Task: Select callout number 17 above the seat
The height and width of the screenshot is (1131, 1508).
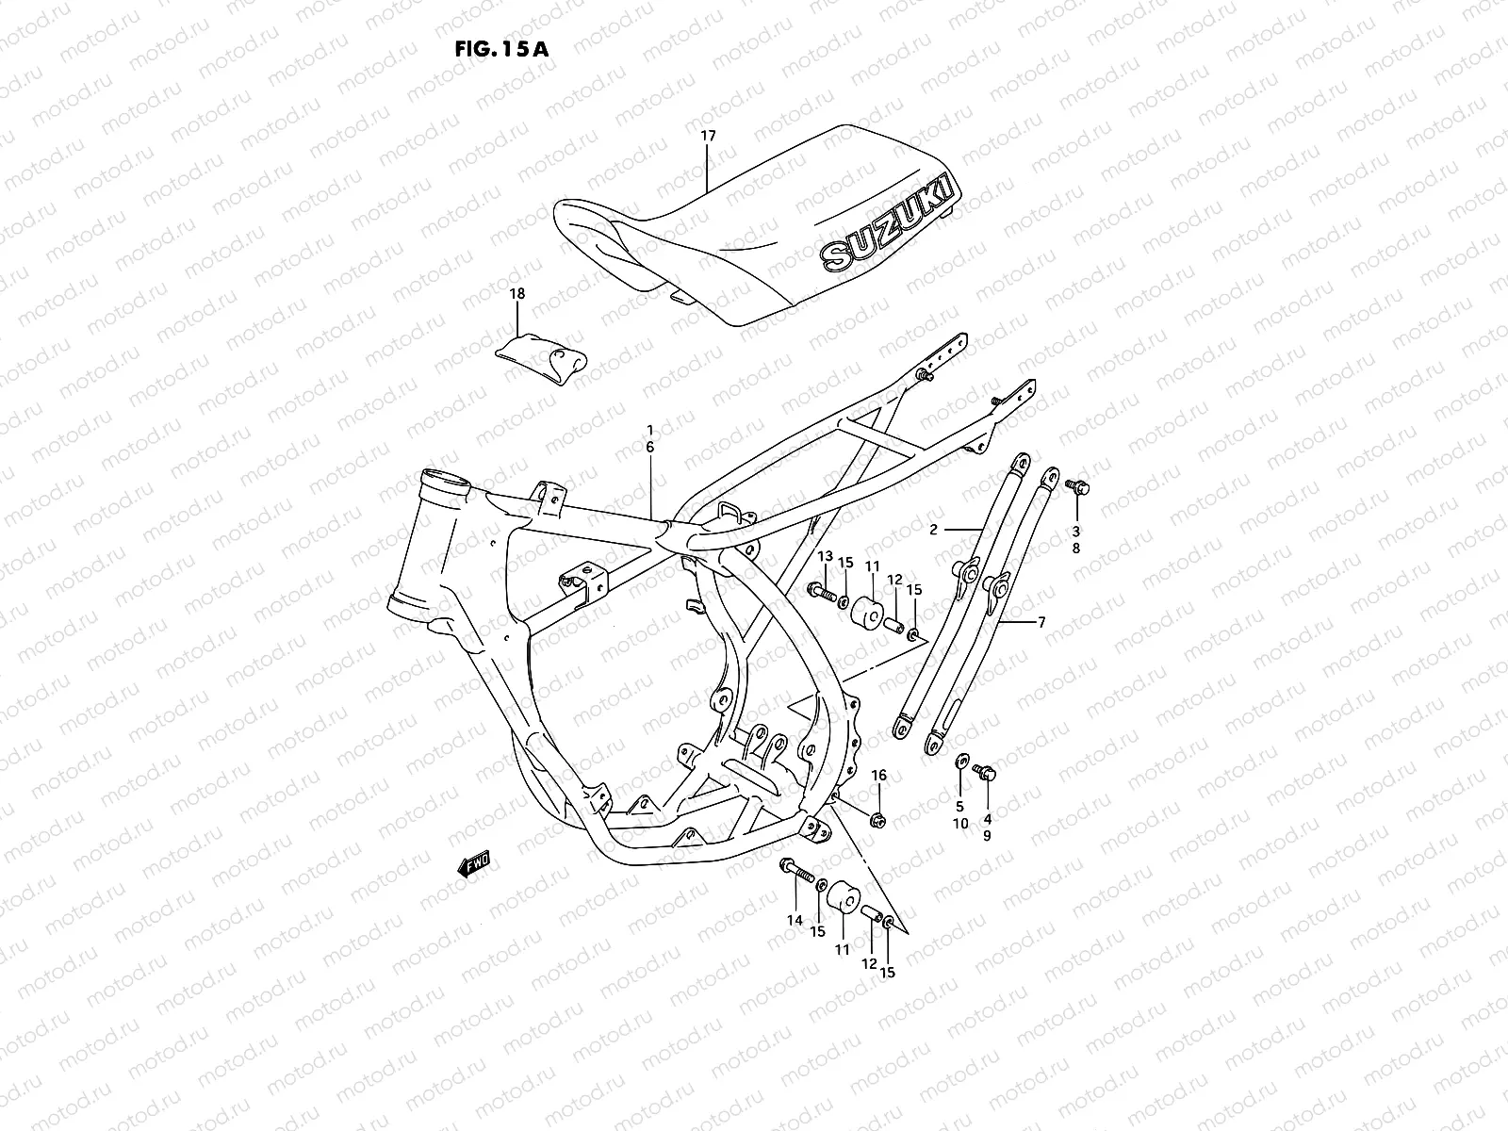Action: click(x=708, y=136)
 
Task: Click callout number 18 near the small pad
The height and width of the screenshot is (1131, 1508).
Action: click(x=516, y=294)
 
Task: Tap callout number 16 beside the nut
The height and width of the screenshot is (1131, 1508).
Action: click(x=878, y=775)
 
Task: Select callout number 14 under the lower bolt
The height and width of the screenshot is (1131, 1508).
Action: click(x=795, y=920)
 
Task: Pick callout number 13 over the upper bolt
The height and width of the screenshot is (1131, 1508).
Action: click(x=825, y=557)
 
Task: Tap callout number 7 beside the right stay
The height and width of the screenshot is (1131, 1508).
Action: click(x=1041, y=623)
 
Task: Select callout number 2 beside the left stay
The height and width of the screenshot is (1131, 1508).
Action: click(x=933, y=530)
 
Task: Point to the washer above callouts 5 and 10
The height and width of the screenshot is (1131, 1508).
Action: click(x=960, y=761)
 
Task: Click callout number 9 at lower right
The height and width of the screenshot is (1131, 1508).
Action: click(x=987, y=835)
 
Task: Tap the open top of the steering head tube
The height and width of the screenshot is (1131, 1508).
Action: click(x=446, y=477)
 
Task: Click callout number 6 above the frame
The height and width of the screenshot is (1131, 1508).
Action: click(x=650, y=448)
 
